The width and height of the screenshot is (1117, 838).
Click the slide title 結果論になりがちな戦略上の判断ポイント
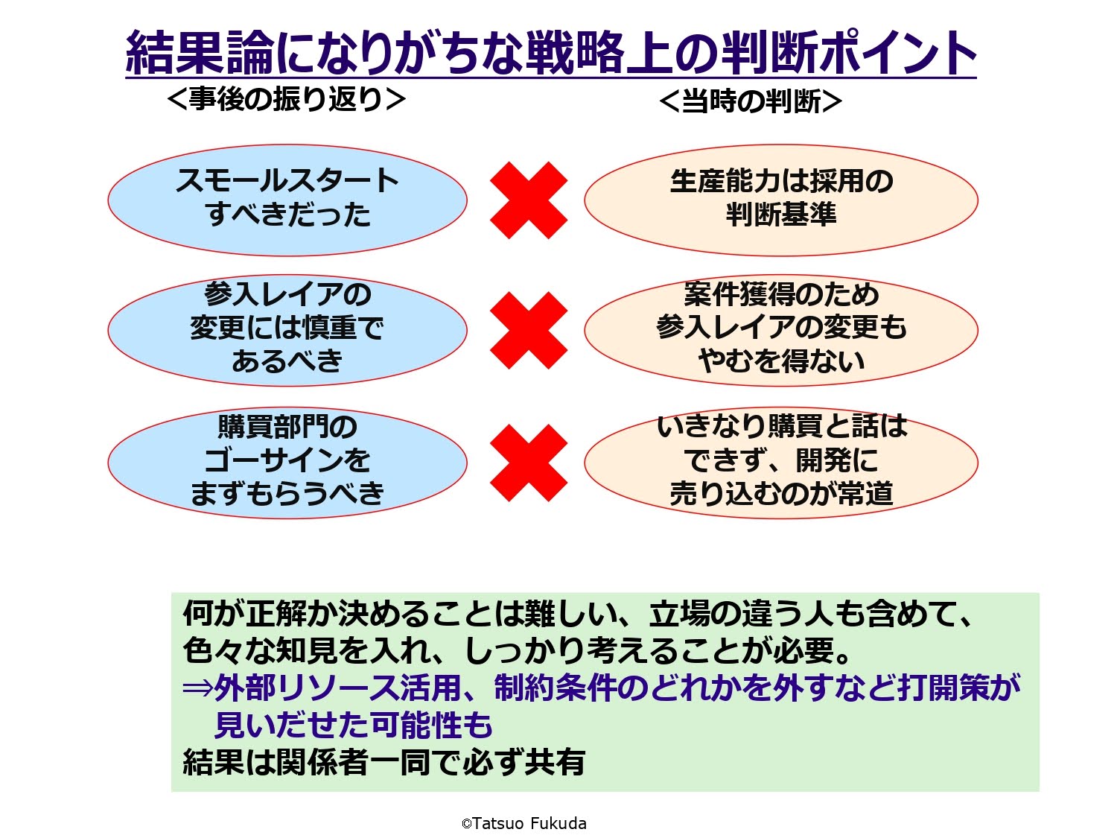[x=550, y=52]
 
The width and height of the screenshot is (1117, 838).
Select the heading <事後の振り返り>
[x=287, y=99]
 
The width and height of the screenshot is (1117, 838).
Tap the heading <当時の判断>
[x=751, y=101]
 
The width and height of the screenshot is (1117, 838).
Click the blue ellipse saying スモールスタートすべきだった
[x=287, y=200]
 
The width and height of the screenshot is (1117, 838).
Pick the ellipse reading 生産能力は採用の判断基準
[x=781, y=200]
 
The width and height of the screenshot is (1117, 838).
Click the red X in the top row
[x=529, y=200]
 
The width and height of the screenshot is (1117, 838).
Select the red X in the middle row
[x=529, y=330]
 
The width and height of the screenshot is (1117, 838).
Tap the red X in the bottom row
[x=529, y=463]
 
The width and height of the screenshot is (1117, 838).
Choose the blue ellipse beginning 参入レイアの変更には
[x=287, y=330]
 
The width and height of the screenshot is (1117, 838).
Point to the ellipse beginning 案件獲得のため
[x=781, y=330]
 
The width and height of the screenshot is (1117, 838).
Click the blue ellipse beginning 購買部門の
[x=287, y=463]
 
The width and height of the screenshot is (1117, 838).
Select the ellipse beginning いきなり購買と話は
[x=781, y=463]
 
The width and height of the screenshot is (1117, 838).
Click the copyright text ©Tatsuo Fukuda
[x=524, y=823]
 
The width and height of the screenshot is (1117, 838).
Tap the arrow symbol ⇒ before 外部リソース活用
[x=197, y=688]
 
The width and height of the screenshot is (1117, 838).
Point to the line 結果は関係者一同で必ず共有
[x=384, y=762]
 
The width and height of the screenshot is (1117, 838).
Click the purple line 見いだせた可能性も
[x=354, y=725]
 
